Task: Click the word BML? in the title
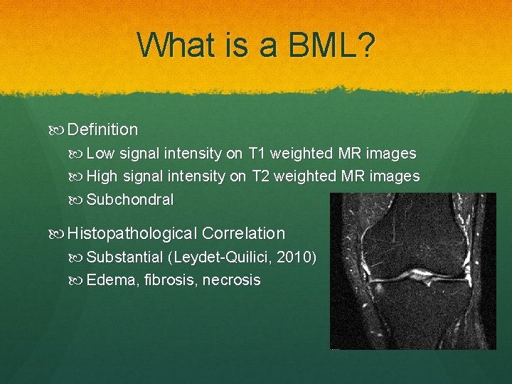point(331,45)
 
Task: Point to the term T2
point(260,176)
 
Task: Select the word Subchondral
point(129,199)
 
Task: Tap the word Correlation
point(243,233)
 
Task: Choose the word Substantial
point(124,257)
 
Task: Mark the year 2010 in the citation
point(293,257)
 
